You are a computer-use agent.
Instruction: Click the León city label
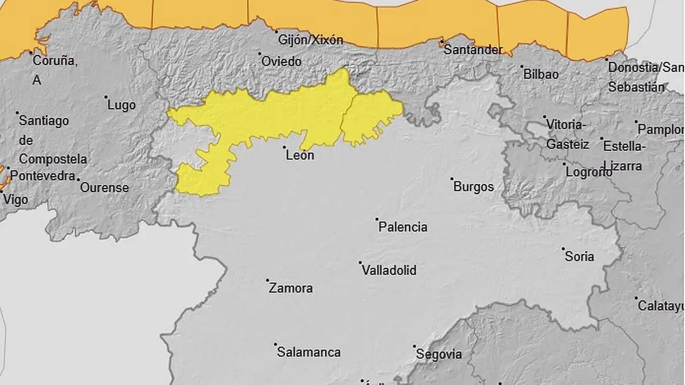click(300, 156)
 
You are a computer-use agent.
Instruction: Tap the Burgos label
click(473, 187)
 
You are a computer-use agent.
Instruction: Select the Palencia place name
click(402, 227)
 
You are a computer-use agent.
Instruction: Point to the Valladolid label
click(389, 270)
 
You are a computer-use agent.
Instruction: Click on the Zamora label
click(291, 288)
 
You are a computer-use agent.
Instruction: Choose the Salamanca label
click(308, 352)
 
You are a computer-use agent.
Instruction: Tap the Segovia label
click(439, 354)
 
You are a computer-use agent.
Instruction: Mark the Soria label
click(580, 257)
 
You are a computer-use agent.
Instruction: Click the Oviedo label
click(281, 61)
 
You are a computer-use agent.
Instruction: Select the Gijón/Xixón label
click(310, 40)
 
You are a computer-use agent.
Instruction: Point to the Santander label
click(474, 50)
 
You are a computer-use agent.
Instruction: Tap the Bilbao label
click(541, 74)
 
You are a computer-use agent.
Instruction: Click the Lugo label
click(121, 105)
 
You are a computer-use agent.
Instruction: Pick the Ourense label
click(104, 188)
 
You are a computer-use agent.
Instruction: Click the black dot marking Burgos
click(452, 179)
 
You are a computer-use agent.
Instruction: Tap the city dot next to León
click(284, 147)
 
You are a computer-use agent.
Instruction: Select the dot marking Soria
click(563, 249)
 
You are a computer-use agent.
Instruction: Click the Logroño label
click(589, 172)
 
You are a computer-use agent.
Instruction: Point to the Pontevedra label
click(43, 175)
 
